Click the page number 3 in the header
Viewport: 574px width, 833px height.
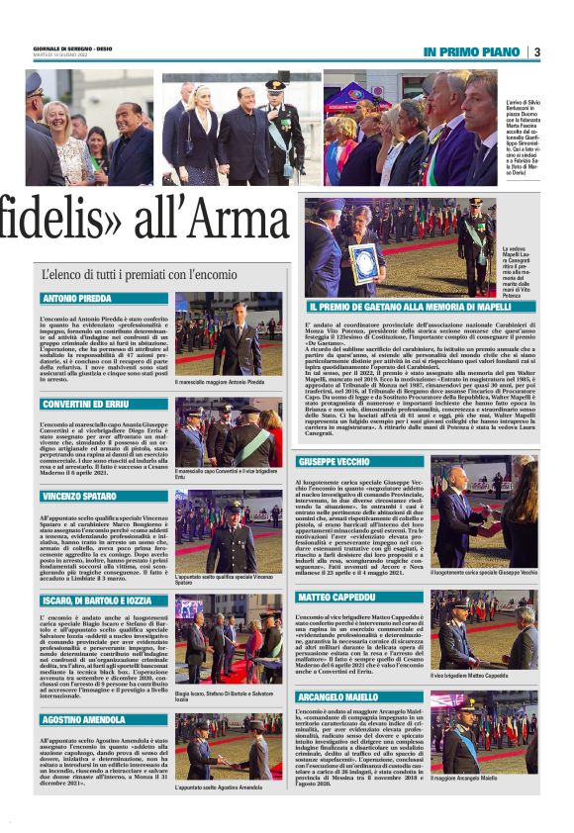(x=536, y=51)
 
